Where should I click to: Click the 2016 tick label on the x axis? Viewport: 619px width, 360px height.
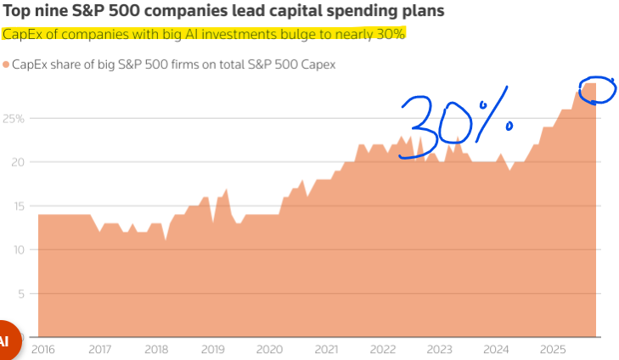point(42,349)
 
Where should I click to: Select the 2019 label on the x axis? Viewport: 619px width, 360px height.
point(212,349)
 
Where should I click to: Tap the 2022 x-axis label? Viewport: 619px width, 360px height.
point(383,349)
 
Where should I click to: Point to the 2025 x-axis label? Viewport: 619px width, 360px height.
point(553,349)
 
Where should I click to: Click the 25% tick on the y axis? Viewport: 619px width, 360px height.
point(14,118)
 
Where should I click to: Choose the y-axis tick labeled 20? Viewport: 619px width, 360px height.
point(19,162)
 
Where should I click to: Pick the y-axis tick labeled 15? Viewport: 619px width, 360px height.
point(19,205)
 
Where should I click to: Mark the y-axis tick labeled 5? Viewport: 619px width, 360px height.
point(22,294)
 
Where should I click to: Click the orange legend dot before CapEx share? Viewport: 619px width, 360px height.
point(6,65)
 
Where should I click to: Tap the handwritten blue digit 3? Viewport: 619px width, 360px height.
point(421,123)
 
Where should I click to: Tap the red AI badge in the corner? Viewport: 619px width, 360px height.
point(7,340)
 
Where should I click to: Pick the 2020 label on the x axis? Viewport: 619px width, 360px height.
point(269,349)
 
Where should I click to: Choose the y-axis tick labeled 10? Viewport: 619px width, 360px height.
point(19,250)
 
